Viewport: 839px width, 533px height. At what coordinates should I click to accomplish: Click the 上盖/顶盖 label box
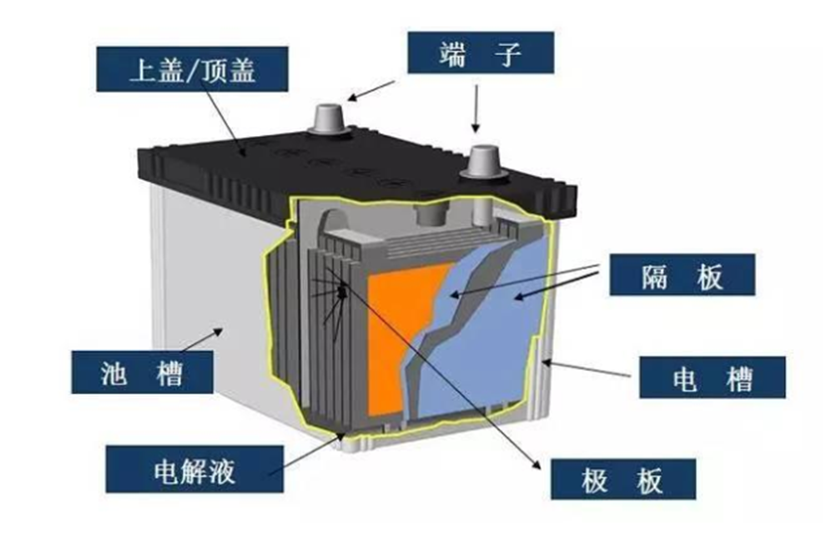(x=192, y=69)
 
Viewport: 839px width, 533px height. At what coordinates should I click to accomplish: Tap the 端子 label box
(x=480, y=53)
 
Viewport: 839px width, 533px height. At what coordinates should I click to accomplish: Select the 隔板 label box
(x=682, y=274)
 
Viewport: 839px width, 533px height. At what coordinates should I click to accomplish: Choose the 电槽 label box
(x=712, y=377)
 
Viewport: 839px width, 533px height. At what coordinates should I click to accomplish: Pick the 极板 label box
(x=623, y=479)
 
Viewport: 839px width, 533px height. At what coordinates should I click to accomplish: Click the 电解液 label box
(x=194, y=469)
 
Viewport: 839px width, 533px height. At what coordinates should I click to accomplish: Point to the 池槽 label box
(x=142, y=372)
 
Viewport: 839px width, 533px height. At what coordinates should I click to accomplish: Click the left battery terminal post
(x=326, y=118)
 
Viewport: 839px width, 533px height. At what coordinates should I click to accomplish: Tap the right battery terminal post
(x=483, y=161)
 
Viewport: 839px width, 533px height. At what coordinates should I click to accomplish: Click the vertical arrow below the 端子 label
(x=475, y=108)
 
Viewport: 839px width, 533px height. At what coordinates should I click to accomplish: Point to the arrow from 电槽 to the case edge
(x=586, y=368)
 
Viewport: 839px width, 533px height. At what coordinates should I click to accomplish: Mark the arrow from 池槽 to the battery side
(x=202, y=340)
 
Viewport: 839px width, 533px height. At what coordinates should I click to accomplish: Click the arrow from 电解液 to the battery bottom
(x=306, y=453)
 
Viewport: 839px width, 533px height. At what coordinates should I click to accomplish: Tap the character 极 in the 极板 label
(x=594, y=479)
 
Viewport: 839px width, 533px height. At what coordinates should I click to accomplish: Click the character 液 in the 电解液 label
(x=222, y=471)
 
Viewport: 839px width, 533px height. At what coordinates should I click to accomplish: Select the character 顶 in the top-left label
(x=215, y=70)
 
